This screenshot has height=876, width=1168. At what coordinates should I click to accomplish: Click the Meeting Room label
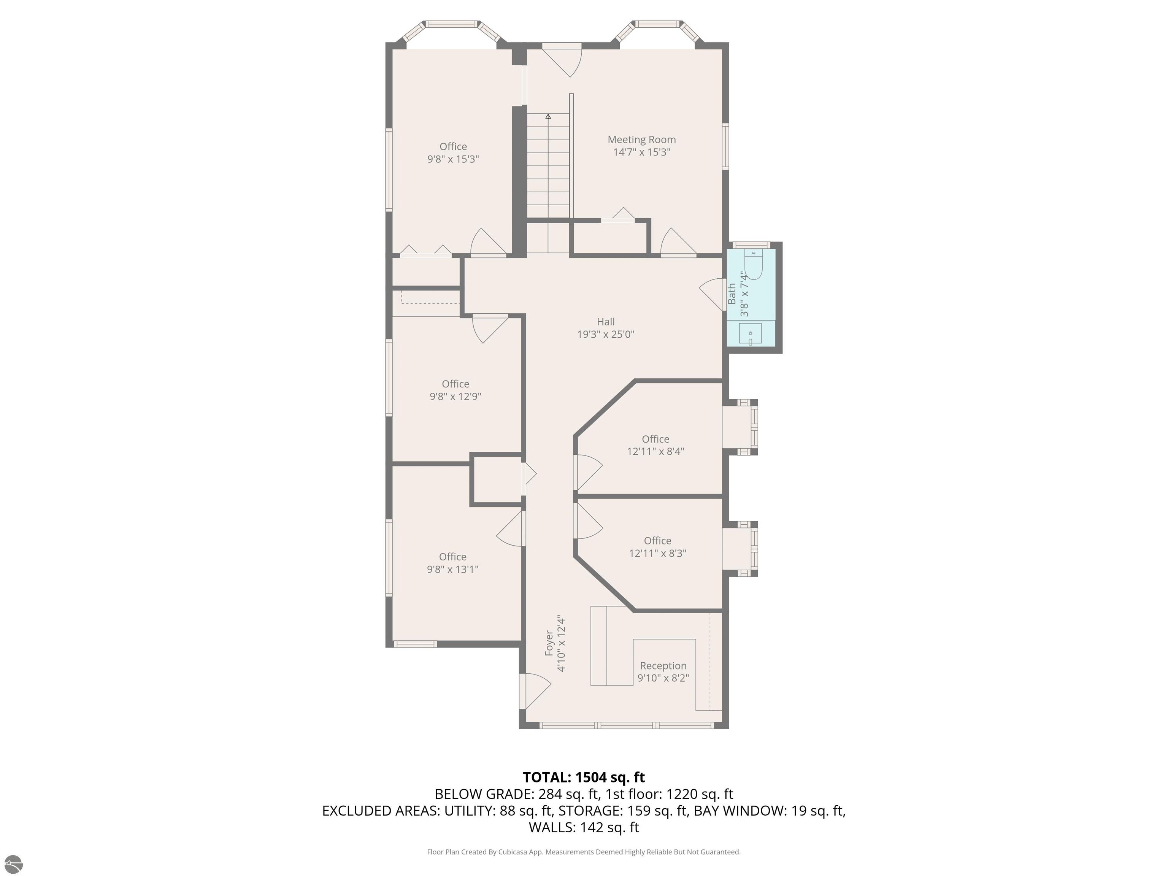coord(641,140)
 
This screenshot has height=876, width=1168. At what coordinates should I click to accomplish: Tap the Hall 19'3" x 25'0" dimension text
coord(605,334)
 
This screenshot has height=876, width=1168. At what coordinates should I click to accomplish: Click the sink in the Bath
coord(750,334)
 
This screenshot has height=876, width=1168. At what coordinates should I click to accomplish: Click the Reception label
coord(663,666)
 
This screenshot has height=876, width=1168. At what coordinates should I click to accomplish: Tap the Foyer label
coord(549,643)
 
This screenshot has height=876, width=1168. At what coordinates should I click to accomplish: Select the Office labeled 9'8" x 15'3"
coord(453,152)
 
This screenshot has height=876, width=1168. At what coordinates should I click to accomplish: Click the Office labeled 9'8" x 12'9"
coord(455,390)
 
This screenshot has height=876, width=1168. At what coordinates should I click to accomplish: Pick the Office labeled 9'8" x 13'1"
coord(452,563)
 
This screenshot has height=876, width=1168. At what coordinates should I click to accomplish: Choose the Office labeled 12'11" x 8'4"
coord(655,445)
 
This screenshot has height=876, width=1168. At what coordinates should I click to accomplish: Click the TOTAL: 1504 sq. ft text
coord(584,777)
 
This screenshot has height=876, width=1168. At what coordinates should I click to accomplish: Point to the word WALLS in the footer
coord(551,827)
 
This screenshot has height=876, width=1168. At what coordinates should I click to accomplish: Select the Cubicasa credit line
coord(584,852)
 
